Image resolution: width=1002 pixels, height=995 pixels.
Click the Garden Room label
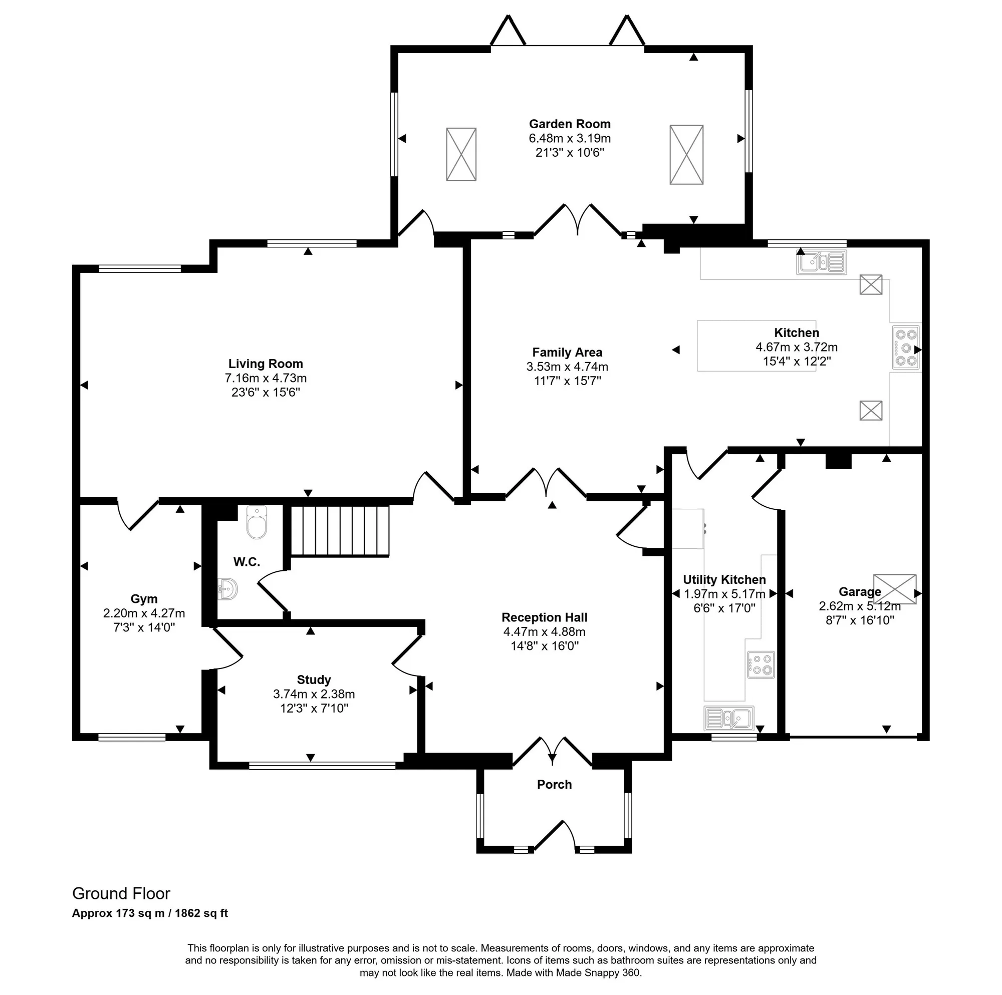[x=570, y=124]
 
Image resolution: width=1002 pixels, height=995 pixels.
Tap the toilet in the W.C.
[x=257, y=522]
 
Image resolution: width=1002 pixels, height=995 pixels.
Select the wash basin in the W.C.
[x=228, y=589]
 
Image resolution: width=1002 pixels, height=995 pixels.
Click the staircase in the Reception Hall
[x=340, y=531]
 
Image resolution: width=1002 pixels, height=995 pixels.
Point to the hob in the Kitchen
[x=905, y=348]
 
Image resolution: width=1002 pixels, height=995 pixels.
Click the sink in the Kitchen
[x=822, y=262]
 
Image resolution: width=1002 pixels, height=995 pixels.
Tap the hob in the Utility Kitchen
[x=761, y=665]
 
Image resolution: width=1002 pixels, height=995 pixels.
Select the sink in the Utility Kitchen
[x=728, y=718]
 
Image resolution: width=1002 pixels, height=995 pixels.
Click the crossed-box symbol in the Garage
[x=895, y=589]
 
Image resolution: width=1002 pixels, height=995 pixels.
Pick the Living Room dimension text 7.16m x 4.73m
[x=266, y=378]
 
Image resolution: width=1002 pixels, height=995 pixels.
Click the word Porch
[x=555, y=785]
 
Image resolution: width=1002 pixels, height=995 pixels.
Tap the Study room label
[x=314, y=680]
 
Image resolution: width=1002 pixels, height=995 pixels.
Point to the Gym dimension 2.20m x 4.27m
[x=144, y=613]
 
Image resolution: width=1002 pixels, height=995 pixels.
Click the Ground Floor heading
[x=121, y=893]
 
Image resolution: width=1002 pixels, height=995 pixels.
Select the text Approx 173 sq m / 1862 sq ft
[x=150, y=913]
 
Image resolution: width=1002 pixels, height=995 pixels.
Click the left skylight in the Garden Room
[x=461, y=155]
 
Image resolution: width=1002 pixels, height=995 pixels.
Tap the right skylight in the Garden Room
[x=686, y=155]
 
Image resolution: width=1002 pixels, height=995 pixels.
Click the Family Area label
[x=567, y=353]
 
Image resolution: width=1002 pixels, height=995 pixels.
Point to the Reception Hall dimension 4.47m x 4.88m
[x=544, y=631]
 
